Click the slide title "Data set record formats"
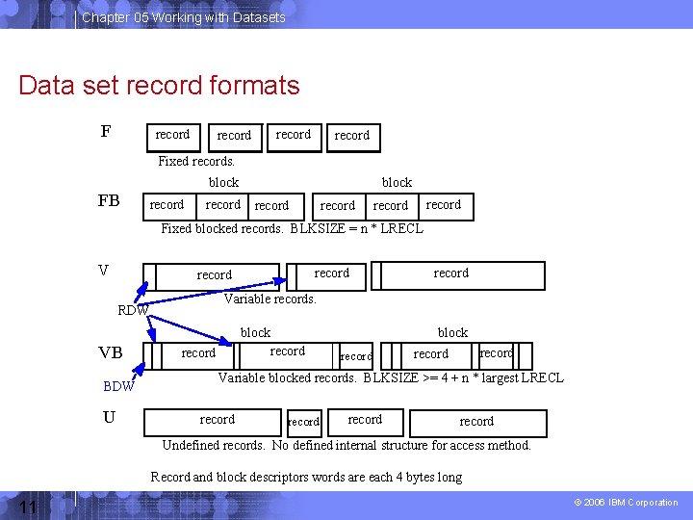159,85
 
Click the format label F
106,132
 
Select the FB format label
109,200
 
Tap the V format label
103,270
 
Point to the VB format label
110,352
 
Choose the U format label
109,417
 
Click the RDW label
132,310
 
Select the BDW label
118,387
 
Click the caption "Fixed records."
196,161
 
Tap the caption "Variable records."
269,299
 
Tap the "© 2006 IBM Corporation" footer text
626,503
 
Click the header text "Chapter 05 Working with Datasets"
183,17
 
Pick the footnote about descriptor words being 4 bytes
306,477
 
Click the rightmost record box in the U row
477,422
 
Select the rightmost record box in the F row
352,136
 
